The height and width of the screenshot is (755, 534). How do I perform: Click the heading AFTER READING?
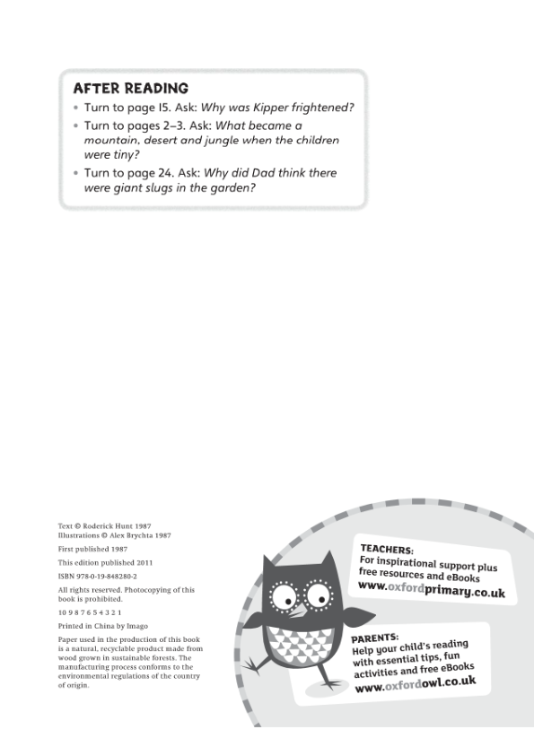coord(130,89)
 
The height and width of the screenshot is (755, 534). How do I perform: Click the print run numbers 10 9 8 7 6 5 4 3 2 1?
coord(90,613)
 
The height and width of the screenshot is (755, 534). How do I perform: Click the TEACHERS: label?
coord(387,550)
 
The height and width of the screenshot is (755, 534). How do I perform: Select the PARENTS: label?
coord(374,638)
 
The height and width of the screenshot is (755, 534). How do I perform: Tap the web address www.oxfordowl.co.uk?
coord(416,684)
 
